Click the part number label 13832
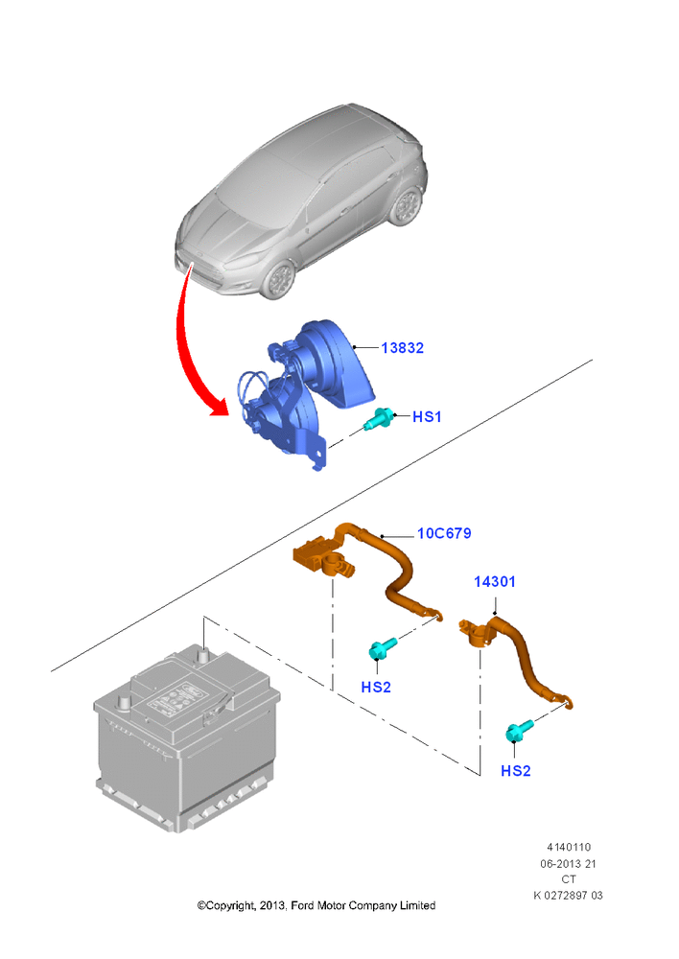click(402, 348)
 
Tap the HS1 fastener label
click(427, 416)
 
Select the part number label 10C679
click(444, 533)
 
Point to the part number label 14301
click(494, 582)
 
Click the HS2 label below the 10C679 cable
click(376, 688)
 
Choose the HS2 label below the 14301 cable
click(516, 771)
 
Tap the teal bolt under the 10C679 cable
click(383, 649)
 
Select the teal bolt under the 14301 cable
click(519, 731)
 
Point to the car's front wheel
click(280, 278)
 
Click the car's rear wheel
click(407, 207)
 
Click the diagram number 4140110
click(569, 847)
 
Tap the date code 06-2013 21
click(568, 864)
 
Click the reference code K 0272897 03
click(568, 896)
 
